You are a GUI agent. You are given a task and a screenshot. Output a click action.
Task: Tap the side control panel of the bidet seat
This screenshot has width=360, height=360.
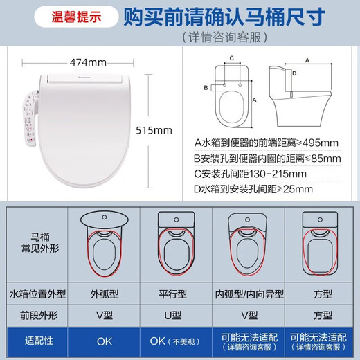[x=32, y=122]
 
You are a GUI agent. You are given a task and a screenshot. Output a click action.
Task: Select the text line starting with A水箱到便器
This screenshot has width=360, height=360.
[x=266, y=143]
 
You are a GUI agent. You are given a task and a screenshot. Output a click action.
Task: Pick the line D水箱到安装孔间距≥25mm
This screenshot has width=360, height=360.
[x=253, y=189]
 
